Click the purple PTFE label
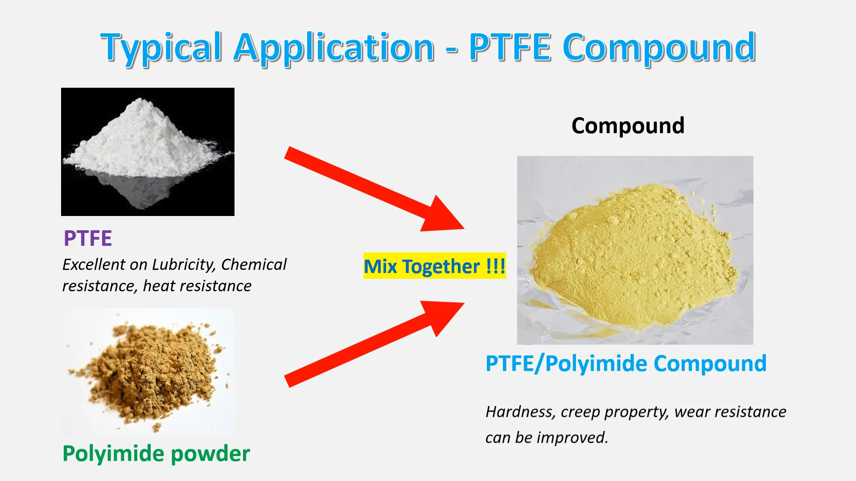click(88, 238)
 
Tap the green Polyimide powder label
click(156, 454)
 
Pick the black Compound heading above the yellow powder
click(628, 126)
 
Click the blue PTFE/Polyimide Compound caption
click(626, 363)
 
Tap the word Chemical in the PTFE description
click(254, 265)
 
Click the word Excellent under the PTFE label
click(94, 265)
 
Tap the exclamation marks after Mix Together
click(496, 266)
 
